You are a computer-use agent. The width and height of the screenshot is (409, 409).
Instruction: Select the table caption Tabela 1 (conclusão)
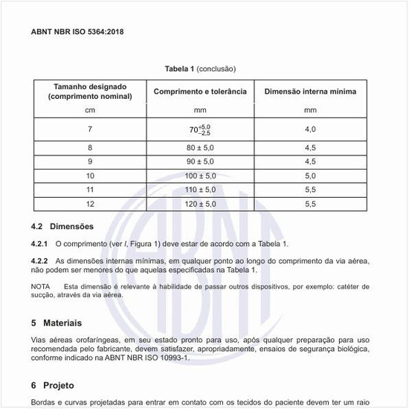point(200,68)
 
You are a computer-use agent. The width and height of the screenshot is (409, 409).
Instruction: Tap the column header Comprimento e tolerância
point(200,91)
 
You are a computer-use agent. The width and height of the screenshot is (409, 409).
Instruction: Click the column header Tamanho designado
point(90,87)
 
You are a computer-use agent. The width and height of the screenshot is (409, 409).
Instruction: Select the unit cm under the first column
point(90,109)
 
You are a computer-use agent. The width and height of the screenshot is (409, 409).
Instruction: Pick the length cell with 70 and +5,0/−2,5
point(200,129)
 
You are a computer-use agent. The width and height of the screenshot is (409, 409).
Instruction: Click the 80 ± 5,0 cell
point(200,148)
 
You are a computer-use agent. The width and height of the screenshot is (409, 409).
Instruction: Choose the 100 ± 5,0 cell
point(200,175)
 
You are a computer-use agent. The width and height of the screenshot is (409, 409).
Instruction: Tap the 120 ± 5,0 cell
point(200,203)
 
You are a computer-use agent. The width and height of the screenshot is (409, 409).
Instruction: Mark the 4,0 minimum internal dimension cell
point(310,129)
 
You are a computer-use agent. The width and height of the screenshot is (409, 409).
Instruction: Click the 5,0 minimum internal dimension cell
point(310,175)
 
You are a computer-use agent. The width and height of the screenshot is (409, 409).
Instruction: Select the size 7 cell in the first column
point(90,129)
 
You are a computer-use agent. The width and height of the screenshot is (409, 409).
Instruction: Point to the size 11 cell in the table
point(90,190)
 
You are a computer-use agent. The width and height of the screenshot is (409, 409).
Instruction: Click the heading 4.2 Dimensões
point(62,226)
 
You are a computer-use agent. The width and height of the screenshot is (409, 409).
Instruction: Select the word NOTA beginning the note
point(40,286)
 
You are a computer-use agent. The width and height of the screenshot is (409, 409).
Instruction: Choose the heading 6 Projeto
point(52,385)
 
